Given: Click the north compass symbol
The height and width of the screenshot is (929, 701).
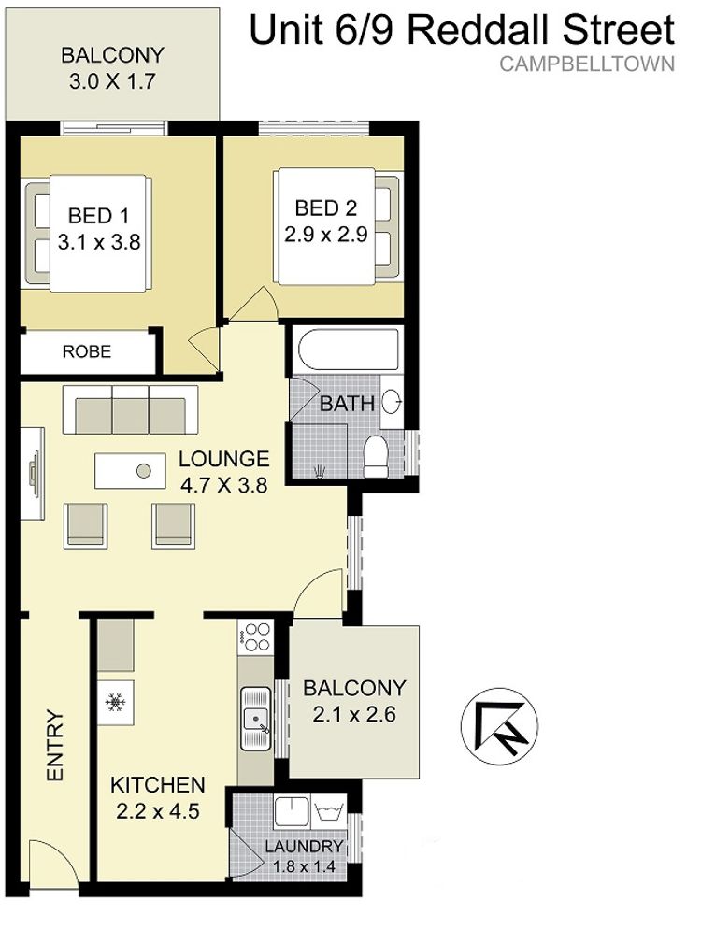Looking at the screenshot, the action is [x=499, y=726].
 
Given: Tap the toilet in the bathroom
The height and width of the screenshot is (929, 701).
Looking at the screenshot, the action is [x=375, y=456].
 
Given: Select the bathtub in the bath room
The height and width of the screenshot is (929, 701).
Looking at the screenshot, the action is [x=348, y=350].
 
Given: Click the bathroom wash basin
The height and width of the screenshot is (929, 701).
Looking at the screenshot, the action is [x=391, y=402].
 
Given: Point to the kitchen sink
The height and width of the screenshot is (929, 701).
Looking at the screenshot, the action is [x=255, y=719].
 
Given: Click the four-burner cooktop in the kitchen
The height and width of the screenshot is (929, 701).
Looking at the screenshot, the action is [x=255, y=636].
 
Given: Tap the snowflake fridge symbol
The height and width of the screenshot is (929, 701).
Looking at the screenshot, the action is [x=116, y=702].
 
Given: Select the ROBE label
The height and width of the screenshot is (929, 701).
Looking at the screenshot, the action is [x=87, y=352].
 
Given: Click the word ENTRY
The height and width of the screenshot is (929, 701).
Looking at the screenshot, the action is [x=54, y=746].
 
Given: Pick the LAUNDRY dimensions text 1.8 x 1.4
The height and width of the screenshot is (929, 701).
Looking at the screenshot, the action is [x=304, y=866].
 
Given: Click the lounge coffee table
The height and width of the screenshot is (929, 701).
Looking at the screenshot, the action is [x=130, y=471].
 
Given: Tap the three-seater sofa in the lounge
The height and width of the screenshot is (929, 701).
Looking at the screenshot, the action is [x=130, y=410].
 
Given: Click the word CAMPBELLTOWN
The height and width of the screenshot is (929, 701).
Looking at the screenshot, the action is [x=587, y=64].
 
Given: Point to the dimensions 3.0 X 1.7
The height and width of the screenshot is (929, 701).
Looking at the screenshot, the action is [x=112, y=81].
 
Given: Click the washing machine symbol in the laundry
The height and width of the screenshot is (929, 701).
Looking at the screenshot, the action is [x=328, y=810].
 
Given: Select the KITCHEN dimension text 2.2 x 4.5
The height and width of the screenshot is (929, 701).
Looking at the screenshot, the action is [x=158, y=810].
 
